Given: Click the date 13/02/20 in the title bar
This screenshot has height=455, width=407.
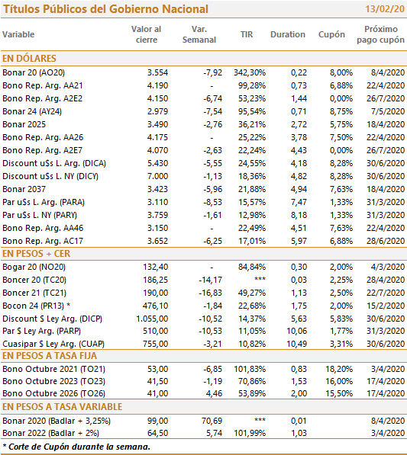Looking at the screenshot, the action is click(385, 9).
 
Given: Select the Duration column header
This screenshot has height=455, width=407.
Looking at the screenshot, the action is click(288, 34).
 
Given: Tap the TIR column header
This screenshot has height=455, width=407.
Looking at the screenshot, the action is click(247, 34).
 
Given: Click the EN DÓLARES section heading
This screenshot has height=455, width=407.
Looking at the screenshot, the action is click(29, 59).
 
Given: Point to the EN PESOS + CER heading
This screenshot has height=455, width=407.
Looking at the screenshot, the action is click(37, 254).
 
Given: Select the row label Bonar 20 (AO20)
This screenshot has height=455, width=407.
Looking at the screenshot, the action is click(34, 72).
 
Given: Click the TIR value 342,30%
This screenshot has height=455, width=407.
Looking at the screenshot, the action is click(250, 72).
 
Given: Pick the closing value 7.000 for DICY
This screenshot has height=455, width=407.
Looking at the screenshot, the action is click(157, 176).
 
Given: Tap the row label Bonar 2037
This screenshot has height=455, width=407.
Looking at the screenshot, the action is click(24, 189).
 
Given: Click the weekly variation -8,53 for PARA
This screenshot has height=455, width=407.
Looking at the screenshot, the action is click(212, 202).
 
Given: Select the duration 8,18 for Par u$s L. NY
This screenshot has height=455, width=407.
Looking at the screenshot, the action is click(299, 215).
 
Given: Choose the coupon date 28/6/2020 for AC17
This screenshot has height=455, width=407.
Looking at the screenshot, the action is click(386, 241).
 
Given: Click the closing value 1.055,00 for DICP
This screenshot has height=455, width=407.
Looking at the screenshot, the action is click(152, 319).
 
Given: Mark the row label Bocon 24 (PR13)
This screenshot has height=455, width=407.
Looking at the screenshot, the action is click(33, 306).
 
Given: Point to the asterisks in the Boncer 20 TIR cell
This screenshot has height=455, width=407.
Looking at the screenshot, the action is click(260, 279).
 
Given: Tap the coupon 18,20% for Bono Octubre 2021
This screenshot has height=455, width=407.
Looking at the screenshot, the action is click(339, 369).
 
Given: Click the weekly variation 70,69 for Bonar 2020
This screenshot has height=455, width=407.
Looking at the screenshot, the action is click(212, 421).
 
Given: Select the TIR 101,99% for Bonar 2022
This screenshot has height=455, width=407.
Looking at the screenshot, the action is click(250, 433).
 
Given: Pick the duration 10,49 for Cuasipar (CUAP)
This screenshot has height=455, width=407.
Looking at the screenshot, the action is click(297, 344).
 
